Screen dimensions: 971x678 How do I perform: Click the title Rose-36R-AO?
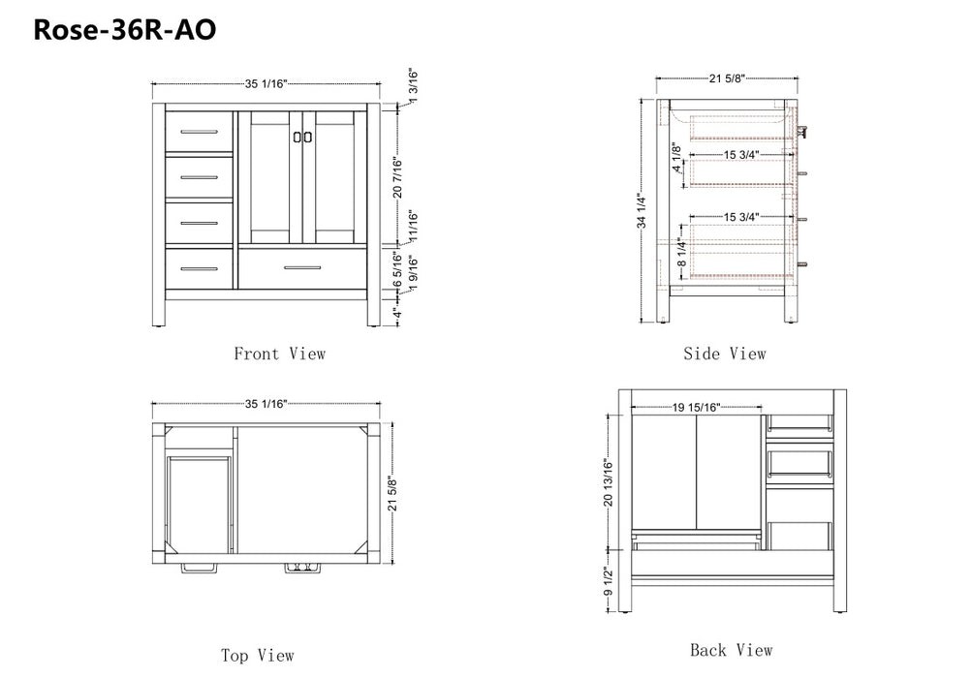[x=124, y=30]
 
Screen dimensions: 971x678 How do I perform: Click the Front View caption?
[x=279, y=354]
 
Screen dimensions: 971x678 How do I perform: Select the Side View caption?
[x=725, y=354]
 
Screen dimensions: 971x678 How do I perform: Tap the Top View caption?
[x=258, y=655]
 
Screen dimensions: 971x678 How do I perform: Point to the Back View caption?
[x=732, y=650]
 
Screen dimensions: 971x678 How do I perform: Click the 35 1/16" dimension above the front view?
[x=266, y=83]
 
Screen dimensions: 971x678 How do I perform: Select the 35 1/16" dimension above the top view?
[x=266, y=404]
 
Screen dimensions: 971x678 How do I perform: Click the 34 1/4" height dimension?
[x=642, y=212]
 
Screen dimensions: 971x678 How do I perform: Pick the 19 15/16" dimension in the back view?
[x=697, y=407]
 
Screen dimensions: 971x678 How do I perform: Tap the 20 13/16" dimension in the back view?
[x=609, y=482]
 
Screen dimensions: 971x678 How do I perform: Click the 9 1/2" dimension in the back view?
[x=609, y=582]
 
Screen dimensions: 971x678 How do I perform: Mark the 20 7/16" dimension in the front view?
[x=397, y=177]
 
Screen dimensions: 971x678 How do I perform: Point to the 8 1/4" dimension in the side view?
[x=681, y=253]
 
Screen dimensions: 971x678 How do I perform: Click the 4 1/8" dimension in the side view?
[x=676, y=159]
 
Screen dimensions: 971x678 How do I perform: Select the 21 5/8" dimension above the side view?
[x=727, y=78]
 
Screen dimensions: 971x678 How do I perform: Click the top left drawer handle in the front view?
[x=199, y=132]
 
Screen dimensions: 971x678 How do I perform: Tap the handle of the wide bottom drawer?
[x=302, y=268]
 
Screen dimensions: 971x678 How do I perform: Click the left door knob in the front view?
[x=297, y=137]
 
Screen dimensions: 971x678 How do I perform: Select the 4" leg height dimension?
[x=397, y=313]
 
